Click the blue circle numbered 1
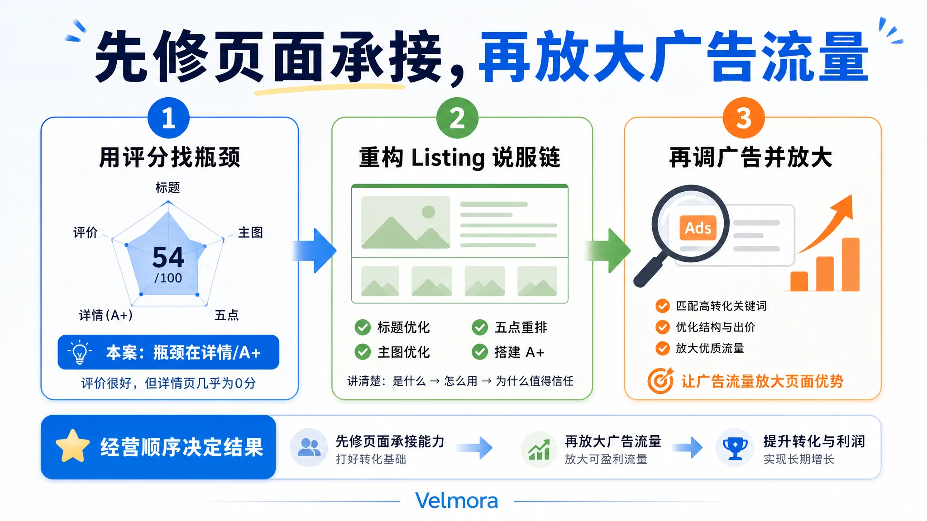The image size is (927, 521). pos(168,118)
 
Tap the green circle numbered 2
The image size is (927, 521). pos(457,118)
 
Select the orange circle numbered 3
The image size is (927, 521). pos(744,118)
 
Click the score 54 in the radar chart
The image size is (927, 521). pos(168,257)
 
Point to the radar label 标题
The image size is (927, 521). pos(168,187)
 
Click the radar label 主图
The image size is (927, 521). pos(251,232)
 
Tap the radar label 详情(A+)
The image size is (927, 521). pos(106,315)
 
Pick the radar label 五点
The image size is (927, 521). pos(226,315)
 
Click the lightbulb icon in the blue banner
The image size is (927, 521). pos(80,352)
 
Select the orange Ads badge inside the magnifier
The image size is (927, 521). pos(698,228)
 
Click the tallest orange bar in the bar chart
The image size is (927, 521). pos(851,265)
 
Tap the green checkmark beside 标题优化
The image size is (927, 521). pos(363,327)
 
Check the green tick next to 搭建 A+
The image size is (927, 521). pos(480,352)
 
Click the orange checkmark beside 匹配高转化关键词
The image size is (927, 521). pos(663,306)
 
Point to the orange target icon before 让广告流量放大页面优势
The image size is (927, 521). pos(661,381)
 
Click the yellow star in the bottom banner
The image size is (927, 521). pos(73,446)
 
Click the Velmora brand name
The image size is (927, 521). pos(457,501)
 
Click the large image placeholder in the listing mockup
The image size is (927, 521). pos(406,222)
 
